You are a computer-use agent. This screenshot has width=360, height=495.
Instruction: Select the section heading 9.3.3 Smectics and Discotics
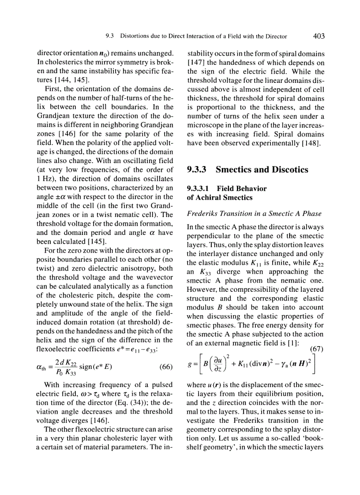click(x=247, y=169)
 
